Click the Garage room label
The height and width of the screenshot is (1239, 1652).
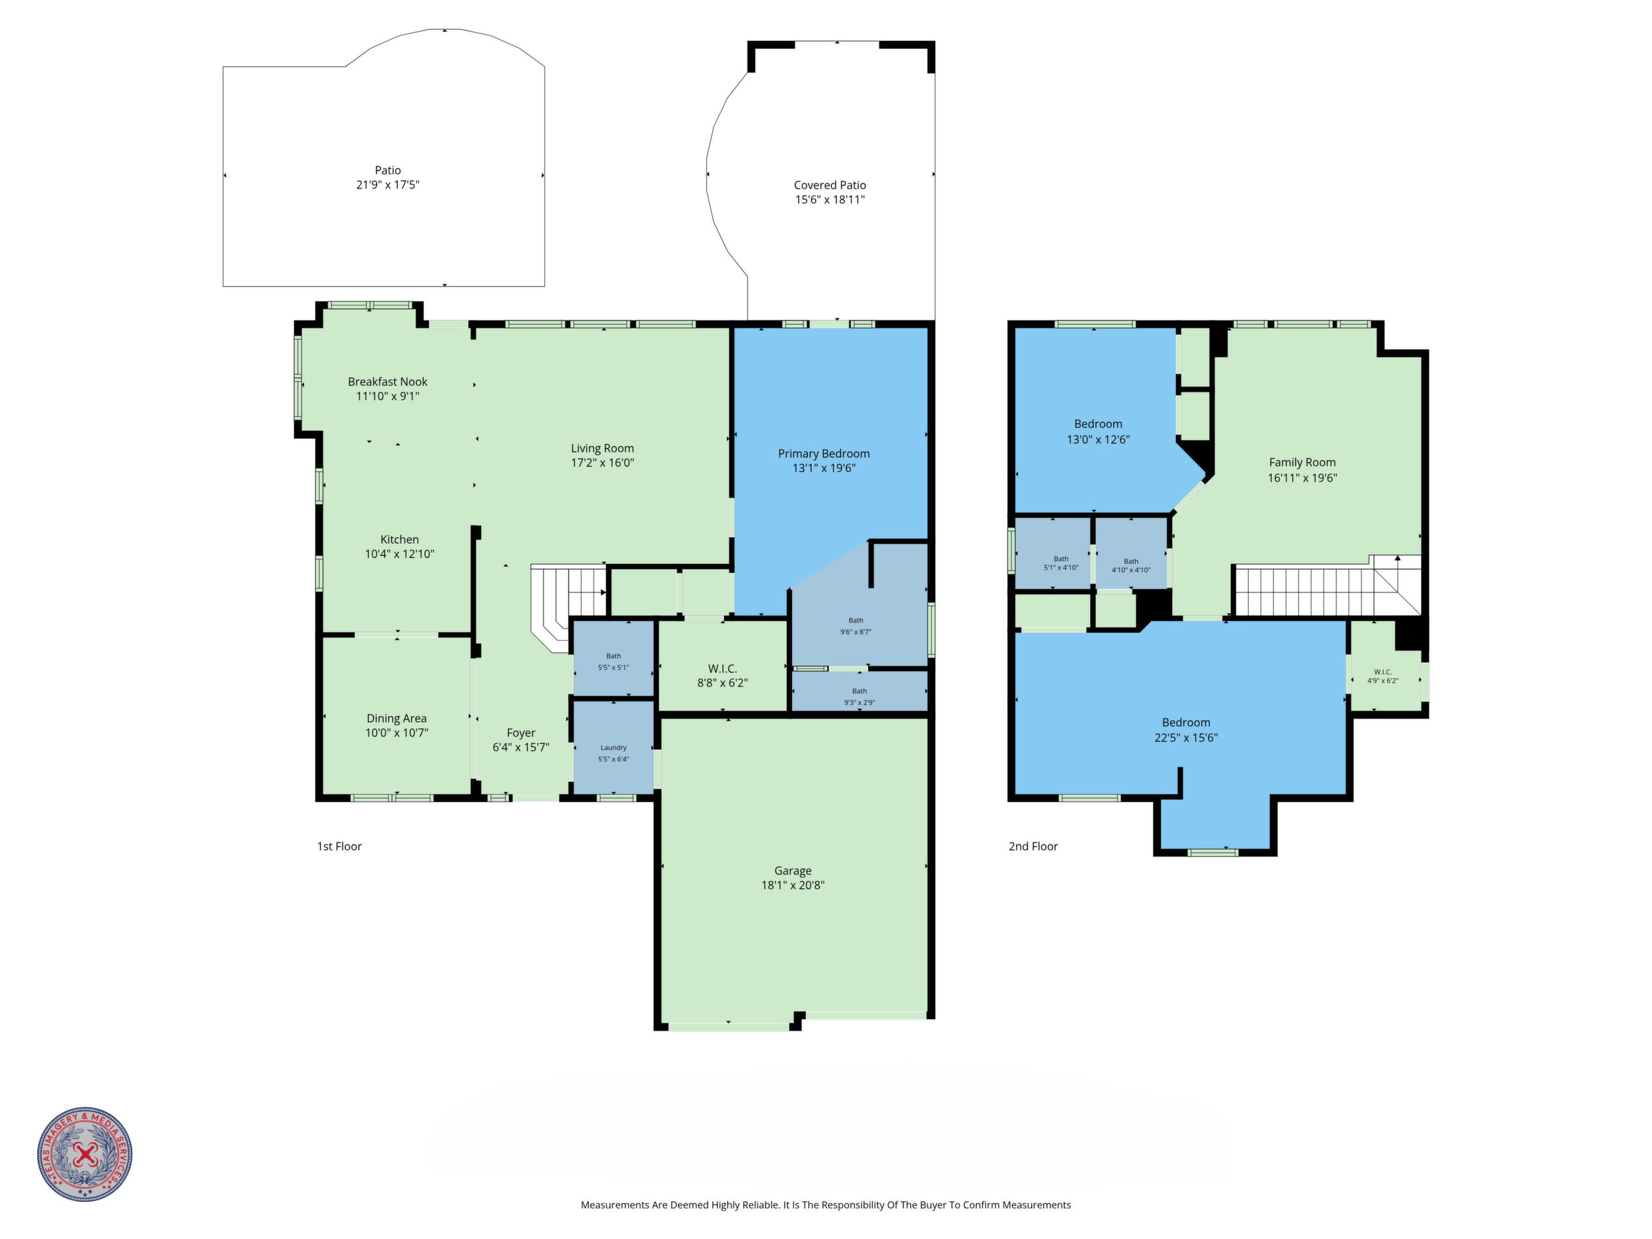792,871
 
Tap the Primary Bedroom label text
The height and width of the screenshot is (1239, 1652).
824,453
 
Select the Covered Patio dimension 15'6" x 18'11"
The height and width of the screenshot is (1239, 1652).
830,199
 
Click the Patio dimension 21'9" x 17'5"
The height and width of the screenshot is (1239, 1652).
388,185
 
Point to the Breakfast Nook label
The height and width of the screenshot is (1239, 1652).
388,382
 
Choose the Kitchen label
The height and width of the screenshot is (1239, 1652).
400,539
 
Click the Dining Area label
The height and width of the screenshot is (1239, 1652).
396,719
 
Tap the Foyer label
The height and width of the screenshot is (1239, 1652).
522,733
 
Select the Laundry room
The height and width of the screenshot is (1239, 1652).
613,747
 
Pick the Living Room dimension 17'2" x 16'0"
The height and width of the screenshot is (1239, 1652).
603,462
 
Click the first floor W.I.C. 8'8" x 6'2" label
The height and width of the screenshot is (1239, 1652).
722,675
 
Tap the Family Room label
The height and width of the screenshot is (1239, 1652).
1303,462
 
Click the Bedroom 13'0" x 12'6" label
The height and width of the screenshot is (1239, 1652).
1098,432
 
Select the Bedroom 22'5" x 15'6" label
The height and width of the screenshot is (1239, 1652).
1186,729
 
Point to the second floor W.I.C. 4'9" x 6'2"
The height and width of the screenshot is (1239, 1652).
1383,676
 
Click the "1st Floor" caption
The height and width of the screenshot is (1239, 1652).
339,846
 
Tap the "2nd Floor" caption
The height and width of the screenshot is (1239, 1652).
1033,846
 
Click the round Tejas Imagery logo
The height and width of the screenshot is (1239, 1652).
85,1154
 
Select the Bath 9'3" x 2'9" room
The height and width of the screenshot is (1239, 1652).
860,691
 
